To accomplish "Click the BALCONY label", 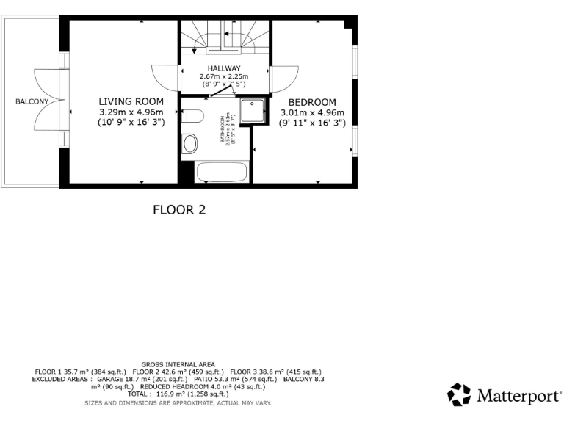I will point(32,101).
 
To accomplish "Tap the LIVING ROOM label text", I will point(131,101).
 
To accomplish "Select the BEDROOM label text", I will point(312,102).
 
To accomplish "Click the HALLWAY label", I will point(224,68).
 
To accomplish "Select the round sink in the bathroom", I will point(190,143).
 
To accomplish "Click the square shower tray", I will point(254,110).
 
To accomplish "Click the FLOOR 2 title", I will point(178,210).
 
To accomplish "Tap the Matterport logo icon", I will point(459,394).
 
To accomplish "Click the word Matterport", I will point(518,397).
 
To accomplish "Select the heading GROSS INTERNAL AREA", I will point(178,364).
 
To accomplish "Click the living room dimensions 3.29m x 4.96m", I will point(131,112).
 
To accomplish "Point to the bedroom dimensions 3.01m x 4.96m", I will point(312,113).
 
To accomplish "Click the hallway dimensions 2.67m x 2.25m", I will point(224,76).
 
